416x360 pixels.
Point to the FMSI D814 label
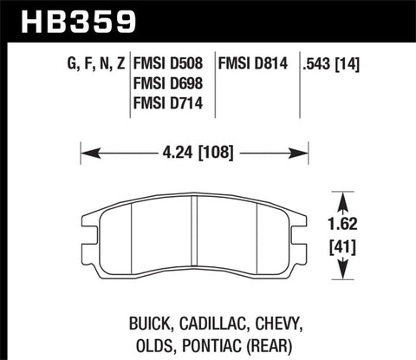click(255, 62)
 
